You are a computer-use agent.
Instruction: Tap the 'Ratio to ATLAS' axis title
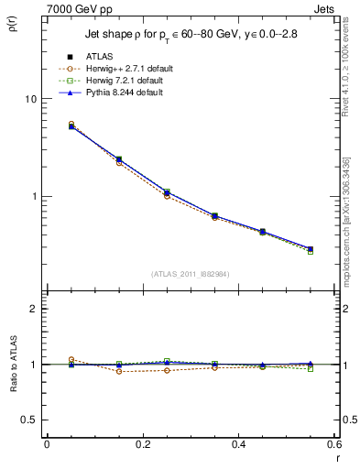point(14,362)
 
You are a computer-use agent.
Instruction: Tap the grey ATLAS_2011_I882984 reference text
point(191,274)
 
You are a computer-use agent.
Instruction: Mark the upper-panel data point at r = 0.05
point(71,125)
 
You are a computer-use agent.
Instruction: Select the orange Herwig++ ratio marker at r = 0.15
point(119,371)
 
